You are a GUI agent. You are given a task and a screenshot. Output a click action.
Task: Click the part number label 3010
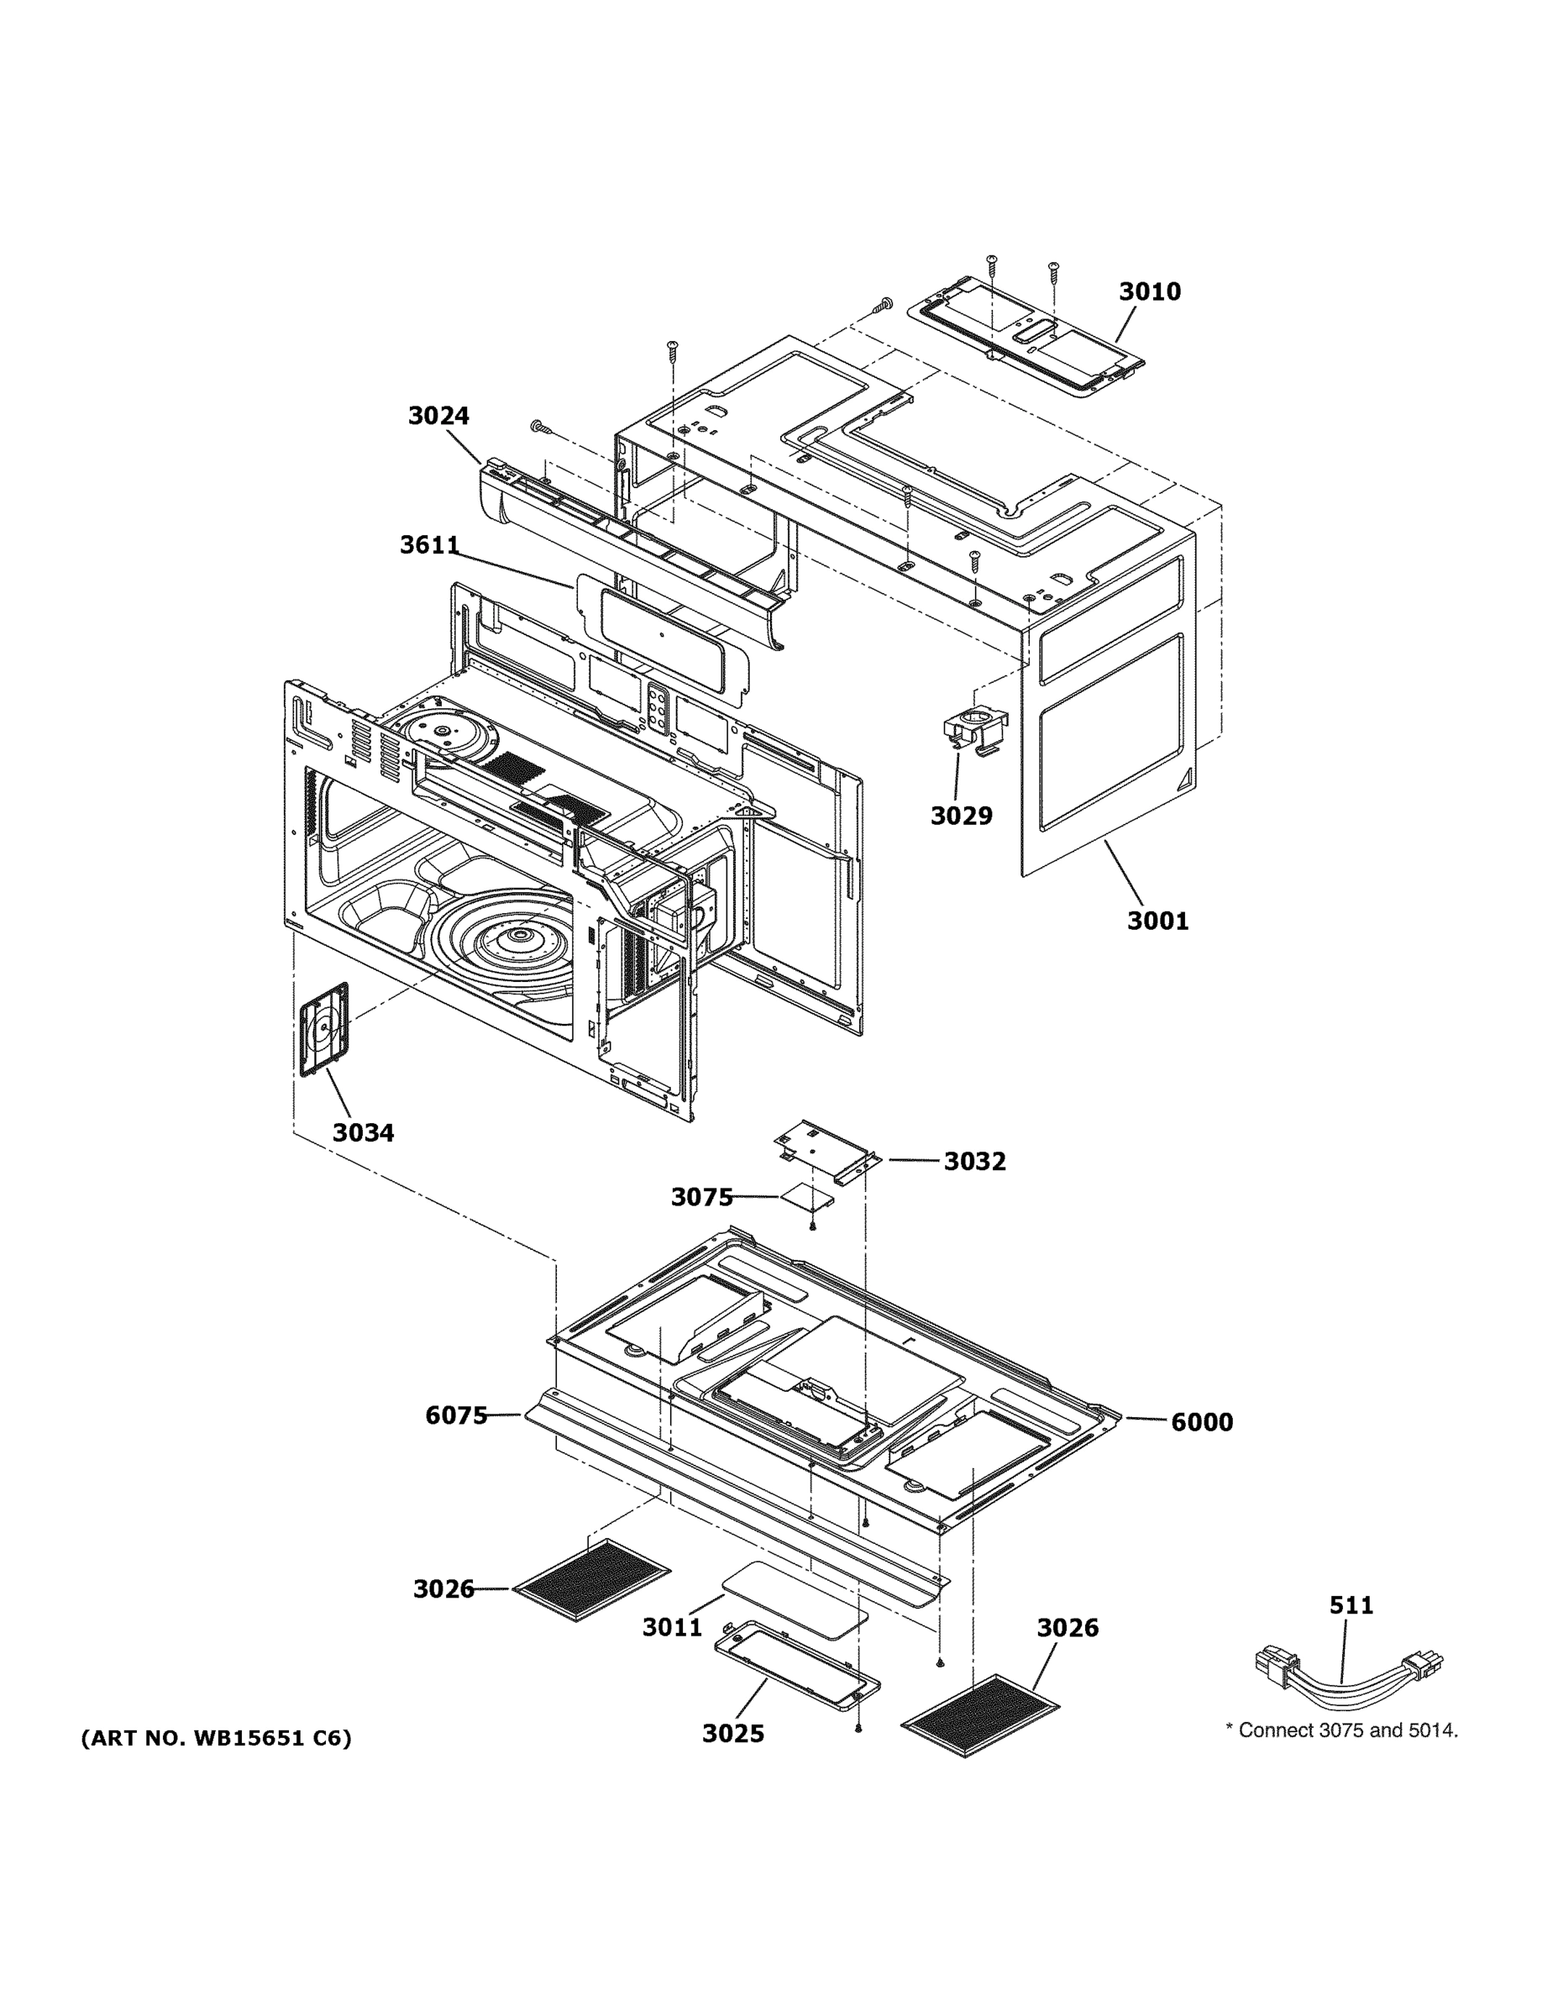tap(1149, 291)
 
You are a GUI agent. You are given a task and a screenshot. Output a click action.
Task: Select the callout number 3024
tap(438, 417)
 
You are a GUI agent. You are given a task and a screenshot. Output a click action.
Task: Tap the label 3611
tap(429, 545)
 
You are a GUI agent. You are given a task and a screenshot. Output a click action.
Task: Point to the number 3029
tap(961, 816)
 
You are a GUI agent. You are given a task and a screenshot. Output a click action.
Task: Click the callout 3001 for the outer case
tap(1157, 921)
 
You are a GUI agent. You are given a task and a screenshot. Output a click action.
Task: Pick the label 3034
tap(363, 1132)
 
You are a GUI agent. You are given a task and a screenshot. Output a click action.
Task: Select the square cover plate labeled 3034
tap(324, 1028)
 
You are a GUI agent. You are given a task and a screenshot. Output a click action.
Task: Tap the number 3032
tap(974, 1161)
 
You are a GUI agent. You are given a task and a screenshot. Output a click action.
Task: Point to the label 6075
tap(456, 1415)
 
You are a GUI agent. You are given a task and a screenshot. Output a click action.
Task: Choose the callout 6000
tap(1202, 1422)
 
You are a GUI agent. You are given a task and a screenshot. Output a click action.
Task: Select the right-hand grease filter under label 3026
tap(980, 1717)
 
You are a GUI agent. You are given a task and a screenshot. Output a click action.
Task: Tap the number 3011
tap(672, 1627)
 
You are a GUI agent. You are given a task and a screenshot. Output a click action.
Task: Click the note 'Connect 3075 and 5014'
tap(1341, 1730)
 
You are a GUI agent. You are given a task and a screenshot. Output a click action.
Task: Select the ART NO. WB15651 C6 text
tap(217, 1739)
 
